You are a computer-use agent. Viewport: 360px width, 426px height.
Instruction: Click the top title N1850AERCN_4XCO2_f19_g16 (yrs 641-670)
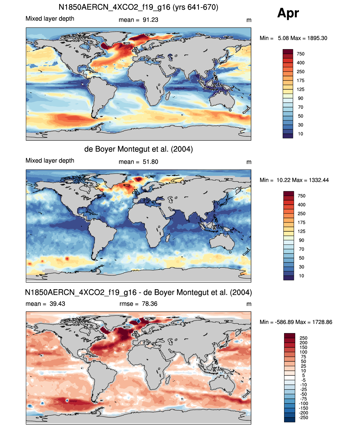(x=138, y=7)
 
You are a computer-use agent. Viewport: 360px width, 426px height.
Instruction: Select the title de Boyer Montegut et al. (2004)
(x=138, y=149)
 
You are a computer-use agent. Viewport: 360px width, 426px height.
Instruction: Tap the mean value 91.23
(x=150, y=20)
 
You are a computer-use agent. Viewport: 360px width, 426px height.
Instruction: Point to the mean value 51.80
(x=150, y=162)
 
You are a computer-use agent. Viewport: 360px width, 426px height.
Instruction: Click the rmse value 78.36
(x=149, y=304)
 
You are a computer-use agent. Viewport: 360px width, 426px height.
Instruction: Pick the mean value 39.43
(x=57, y=304)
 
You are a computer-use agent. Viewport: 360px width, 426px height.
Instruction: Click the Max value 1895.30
(x=317, y=38)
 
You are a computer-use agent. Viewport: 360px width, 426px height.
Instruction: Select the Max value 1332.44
(x=319, y=180)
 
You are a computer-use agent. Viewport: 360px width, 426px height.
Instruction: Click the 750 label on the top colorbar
(x=301, y=54)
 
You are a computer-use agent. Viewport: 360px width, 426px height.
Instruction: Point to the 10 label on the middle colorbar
(x=301, y=276)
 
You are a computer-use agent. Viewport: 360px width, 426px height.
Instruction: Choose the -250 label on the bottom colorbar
(x=304, y=418)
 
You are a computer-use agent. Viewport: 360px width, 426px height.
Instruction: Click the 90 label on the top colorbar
(x=301, y=98)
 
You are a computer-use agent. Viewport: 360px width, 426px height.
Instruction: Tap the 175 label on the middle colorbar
(x=301, y=222)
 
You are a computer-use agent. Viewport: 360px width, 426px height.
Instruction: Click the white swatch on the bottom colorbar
(x=289, y=378)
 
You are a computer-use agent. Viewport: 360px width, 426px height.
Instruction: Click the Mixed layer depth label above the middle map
(x=50, y=161)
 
